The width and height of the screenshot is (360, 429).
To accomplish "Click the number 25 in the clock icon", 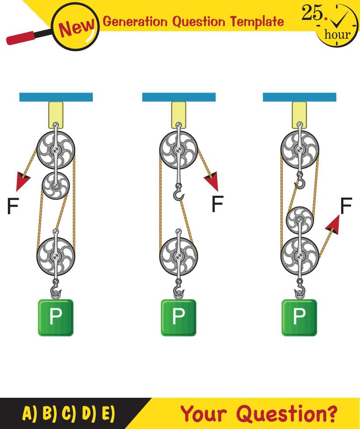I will coord(311,14).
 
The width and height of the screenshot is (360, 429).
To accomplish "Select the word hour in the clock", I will coord(337,34).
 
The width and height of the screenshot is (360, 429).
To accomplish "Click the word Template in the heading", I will coord(257,21).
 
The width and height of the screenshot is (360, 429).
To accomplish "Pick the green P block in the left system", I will coord(55,317).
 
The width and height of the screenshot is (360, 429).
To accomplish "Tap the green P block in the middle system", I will coord(178,317).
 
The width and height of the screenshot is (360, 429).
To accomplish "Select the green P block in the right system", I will coord(299,317).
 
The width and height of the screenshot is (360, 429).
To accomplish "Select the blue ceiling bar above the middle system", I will coord(178,97).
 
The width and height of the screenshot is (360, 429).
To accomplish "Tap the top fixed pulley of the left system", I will coord(56,149).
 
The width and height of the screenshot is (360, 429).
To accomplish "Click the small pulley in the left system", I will coord(56,186).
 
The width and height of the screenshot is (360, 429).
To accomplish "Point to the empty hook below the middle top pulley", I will coord(178,193).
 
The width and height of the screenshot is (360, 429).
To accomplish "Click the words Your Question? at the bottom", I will coord(259,413).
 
